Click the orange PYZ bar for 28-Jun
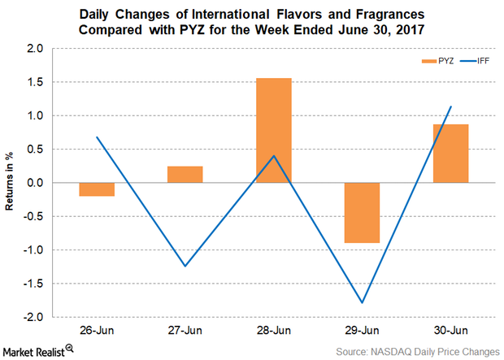274,130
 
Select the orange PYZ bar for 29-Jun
361,212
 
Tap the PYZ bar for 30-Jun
450,154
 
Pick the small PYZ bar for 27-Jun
185,174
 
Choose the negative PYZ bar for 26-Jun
97,189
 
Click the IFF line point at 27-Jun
185,266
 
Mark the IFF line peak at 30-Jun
450,106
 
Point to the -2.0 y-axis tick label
35,316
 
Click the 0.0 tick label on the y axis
37,183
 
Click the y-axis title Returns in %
11,183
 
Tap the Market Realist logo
39,349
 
